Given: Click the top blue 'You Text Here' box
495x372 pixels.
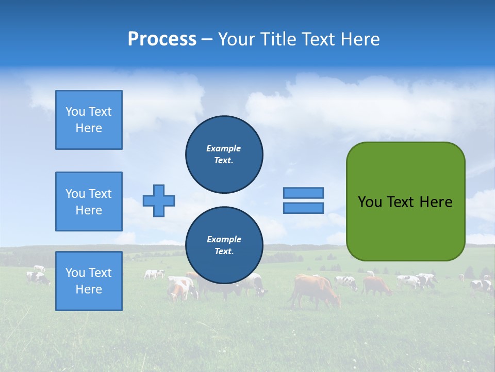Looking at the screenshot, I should (89, 120).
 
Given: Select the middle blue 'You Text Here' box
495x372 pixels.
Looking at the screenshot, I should (89, 202).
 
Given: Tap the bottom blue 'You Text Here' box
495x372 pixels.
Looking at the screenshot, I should (89, 281).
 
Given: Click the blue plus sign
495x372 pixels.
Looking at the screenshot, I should (159, 200).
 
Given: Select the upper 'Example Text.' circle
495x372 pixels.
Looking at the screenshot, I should (224, 154).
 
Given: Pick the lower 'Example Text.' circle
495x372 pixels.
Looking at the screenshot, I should (224, 245).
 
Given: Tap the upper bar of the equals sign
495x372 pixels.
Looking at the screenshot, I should (303, 193).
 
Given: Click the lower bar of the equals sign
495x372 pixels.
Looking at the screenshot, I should (303, 208).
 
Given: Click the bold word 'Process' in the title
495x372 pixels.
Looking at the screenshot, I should (162, 39).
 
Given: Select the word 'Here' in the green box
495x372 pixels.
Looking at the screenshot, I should (436, 202).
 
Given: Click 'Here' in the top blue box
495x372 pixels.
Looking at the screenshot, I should (89, 128).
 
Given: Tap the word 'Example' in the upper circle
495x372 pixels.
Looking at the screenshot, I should (224, 148).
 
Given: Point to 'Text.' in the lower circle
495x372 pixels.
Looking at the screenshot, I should (224, 252).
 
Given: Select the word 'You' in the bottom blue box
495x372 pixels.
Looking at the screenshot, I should (75, 273).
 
